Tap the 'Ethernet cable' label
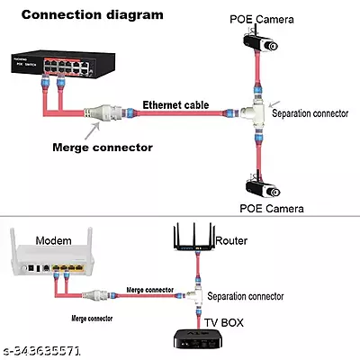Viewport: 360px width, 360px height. (x=176, y=105)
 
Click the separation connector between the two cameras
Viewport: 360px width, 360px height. (x=256, y=112)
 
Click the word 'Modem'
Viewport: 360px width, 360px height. (x=54, y=241)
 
